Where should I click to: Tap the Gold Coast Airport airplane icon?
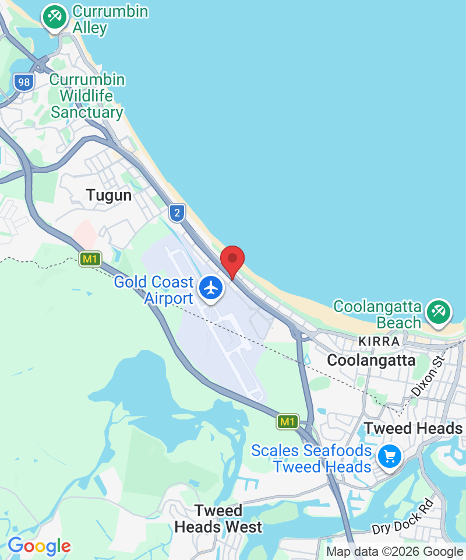[211, 288]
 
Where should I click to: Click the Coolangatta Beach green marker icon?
[437, 311]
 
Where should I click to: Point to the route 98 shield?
[24, 82]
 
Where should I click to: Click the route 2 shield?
[177, 212]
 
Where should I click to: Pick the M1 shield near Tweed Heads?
[288, 421]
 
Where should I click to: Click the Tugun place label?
[109, 195]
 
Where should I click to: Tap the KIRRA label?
[379, 341]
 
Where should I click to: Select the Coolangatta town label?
[371, 360]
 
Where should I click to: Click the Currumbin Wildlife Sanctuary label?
[87, 96]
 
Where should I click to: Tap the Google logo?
[39, 547]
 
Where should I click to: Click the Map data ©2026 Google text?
[394, 551]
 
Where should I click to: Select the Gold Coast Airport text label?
[154, 290]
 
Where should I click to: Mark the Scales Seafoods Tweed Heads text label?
[312, 459]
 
